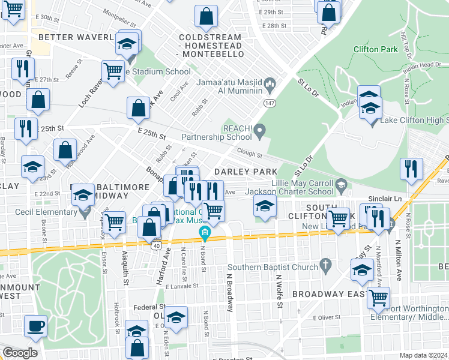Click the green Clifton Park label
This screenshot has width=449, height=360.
[x=376, y=49]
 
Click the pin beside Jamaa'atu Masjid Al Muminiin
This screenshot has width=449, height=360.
[x=270, y=83]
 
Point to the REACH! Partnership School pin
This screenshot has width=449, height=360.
[x=259, y=130]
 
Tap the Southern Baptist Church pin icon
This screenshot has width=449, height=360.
[x=325, y=263]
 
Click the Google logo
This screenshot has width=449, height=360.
[x=20, y=353]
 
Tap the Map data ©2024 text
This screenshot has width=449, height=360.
[x=424, y=355]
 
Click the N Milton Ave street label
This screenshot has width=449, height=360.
[x=397, y=261]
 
